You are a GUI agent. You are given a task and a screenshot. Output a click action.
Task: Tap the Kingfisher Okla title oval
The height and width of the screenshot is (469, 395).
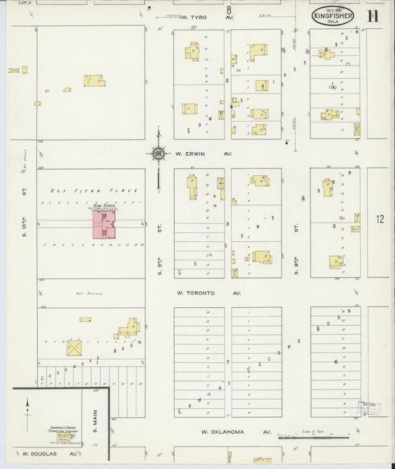tap(331, 16)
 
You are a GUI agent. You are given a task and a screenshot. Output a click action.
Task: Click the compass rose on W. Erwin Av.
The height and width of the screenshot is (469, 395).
tap(158, 154)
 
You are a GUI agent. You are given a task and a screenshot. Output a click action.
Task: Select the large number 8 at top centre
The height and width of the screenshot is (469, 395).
tap(229, 10)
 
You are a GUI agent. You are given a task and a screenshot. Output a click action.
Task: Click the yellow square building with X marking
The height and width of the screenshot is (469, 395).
tap(74, 347)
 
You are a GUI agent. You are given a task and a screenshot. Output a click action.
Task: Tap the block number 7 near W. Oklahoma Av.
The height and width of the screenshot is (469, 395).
tap(228, 362)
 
